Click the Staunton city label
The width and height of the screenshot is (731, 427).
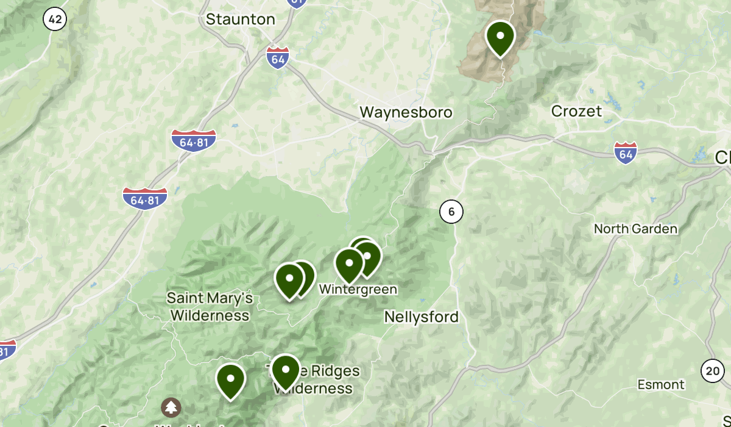(240, 20)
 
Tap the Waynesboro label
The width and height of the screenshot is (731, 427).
(406, 112)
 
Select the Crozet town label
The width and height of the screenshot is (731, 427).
(576, 111)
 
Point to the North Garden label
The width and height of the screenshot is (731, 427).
(635, 229)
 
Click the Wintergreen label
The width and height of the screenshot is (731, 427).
(358, 289)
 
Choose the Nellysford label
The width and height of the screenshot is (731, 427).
(421, 317)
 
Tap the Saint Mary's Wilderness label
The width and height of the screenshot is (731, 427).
(210, 307)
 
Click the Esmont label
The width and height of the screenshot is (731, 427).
(661, 384)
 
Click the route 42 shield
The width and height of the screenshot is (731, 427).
(55, 20)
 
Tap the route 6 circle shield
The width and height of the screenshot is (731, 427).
(451, 212)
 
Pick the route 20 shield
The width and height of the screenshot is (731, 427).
(712, 370)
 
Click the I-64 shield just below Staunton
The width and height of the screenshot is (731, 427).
(277, 57)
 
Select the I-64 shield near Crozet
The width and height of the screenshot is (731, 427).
(626, 152)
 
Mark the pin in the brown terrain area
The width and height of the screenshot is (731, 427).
(500, 37)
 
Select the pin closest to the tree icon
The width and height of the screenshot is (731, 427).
(231, 379)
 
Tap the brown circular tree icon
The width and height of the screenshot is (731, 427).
(171, 407)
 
